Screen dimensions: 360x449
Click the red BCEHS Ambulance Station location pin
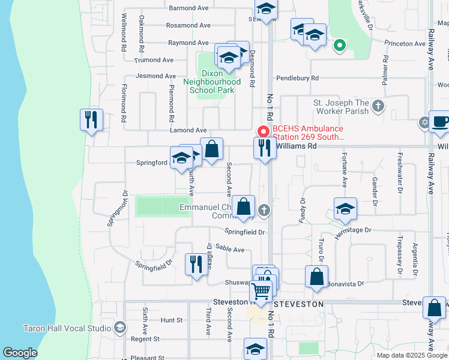coord(262,131)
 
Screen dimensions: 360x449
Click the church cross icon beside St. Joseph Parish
coord(378,106)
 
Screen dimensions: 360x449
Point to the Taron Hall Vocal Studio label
coord(67,328)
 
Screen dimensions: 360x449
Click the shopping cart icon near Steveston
coord(261,291)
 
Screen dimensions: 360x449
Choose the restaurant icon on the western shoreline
coord(91,119)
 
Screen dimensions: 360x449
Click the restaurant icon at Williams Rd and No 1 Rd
coord(265,148)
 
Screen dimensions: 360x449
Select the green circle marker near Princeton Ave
coord(339,44)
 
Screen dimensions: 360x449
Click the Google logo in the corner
coord(20,353)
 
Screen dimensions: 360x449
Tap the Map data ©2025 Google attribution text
coord(411,355)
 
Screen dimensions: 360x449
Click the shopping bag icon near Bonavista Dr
coord(316,277)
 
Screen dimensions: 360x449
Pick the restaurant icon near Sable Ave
coord(196,263)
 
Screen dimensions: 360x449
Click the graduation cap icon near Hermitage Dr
coord(345,209)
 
